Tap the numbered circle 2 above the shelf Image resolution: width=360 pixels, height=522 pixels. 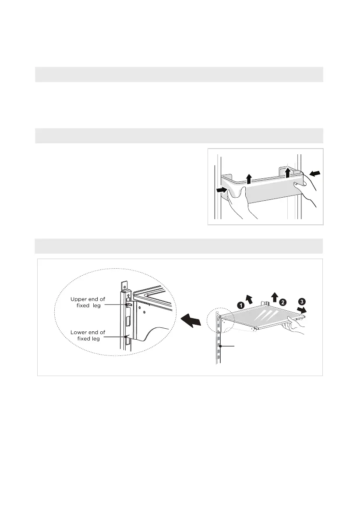coord(283,302)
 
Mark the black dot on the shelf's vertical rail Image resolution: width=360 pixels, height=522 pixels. coord(222,346)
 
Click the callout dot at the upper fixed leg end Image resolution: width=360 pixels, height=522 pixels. coord(127,304)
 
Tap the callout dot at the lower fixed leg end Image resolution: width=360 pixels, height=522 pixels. coord(126,337)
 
